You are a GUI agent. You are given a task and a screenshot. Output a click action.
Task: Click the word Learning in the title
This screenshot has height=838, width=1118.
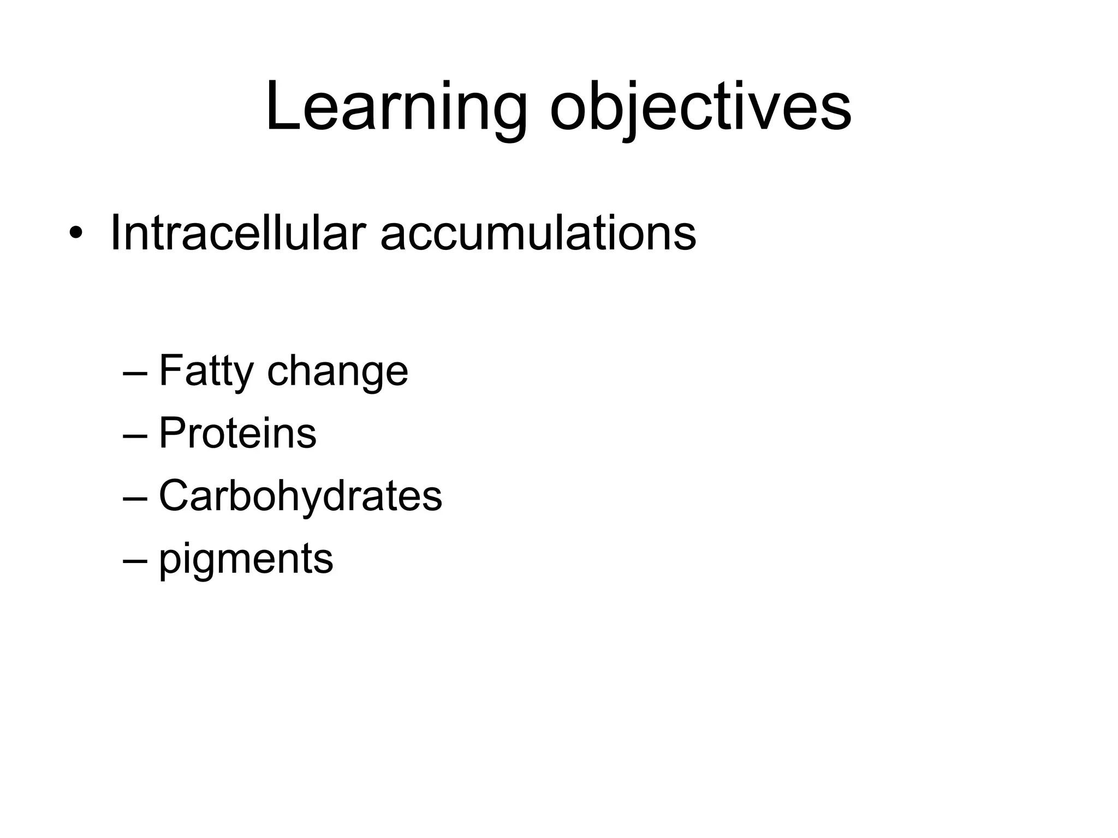396,106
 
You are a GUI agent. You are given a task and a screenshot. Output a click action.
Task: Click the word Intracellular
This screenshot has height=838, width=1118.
237,234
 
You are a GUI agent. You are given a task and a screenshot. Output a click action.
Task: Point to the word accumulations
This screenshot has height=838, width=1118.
538,234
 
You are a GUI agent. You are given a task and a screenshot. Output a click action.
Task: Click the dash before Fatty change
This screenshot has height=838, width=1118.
135,373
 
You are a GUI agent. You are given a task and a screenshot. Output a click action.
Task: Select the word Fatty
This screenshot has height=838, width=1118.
206,371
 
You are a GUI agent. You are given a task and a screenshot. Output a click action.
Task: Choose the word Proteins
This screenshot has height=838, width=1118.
237,434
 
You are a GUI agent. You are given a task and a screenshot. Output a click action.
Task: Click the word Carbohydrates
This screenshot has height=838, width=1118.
300,496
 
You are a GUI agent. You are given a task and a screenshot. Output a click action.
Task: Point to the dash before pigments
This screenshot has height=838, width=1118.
135,560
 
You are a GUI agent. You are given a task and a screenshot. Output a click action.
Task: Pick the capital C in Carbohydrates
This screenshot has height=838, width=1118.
174,496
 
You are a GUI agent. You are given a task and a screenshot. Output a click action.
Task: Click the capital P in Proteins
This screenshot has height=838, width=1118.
171,434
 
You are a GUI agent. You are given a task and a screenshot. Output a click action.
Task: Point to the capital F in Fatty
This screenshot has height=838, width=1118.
170,370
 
